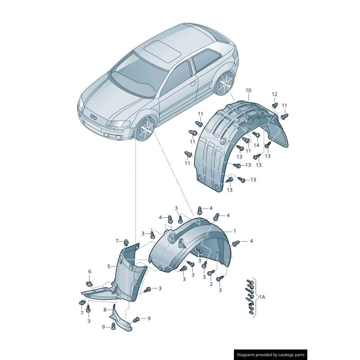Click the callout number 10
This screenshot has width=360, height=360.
click(248, 90)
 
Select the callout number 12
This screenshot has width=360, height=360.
click(274, 94)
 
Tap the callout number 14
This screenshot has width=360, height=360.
click(256, 145)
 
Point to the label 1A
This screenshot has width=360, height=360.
click(262, 297)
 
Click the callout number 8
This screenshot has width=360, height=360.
click(105, 310)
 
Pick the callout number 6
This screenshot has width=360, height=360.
click(90, 272)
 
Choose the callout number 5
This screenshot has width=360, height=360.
click(109, 266)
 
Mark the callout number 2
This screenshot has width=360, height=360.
click(211, 284)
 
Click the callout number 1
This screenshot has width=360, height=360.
click(234, 231)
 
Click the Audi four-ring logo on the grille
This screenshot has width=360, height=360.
click(94, 117)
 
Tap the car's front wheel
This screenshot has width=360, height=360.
click(145, 130)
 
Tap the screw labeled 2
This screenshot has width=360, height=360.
click(211, 273)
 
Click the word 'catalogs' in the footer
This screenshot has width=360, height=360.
click(283, 355)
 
